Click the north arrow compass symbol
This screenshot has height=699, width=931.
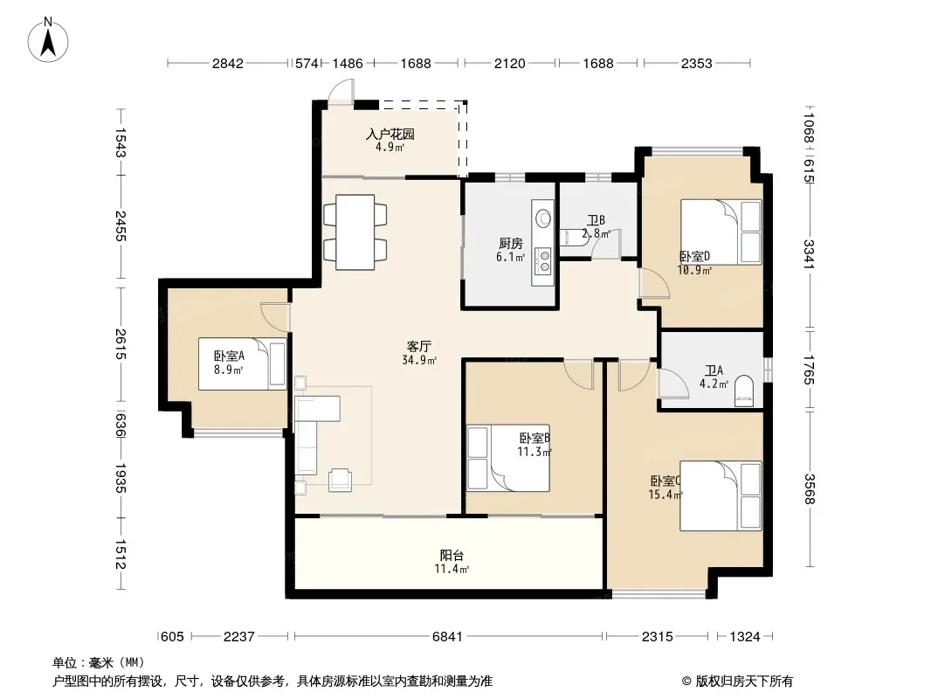tap(48, 40)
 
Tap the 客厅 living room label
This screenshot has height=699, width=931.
tap(418, 346)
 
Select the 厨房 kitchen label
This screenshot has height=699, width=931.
tap(511, 244)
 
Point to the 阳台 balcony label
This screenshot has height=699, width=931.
tap(452, 556)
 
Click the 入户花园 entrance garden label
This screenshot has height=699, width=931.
tap(390, 135)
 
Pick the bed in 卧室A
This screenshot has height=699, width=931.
tap(242, 364)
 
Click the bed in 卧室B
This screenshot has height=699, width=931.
tap(507, 458)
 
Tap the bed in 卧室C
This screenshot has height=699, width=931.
tap(721, 496)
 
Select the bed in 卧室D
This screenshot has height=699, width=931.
tap(721, 232)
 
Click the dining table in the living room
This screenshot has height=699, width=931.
tap(355, 232)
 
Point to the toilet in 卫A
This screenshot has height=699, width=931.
tap(744, 391)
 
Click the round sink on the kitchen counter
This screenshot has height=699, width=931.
tap(543, 218)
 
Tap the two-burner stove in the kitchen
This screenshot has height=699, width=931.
tap(543, 261)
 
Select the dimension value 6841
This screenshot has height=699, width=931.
tap(447, 637)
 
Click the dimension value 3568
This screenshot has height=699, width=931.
tap(809, 488)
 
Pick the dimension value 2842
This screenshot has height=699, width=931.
tap(228, 63)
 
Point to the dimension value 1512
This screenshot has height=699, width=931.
tap(121, 553)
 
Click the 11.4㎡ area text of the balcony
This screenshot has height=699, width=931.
tap(452, 569)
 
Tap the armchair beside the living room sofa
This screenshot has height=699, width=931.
tap(341, 480)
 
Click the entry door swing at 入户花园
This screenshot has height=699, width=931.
tap(341, 92)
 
